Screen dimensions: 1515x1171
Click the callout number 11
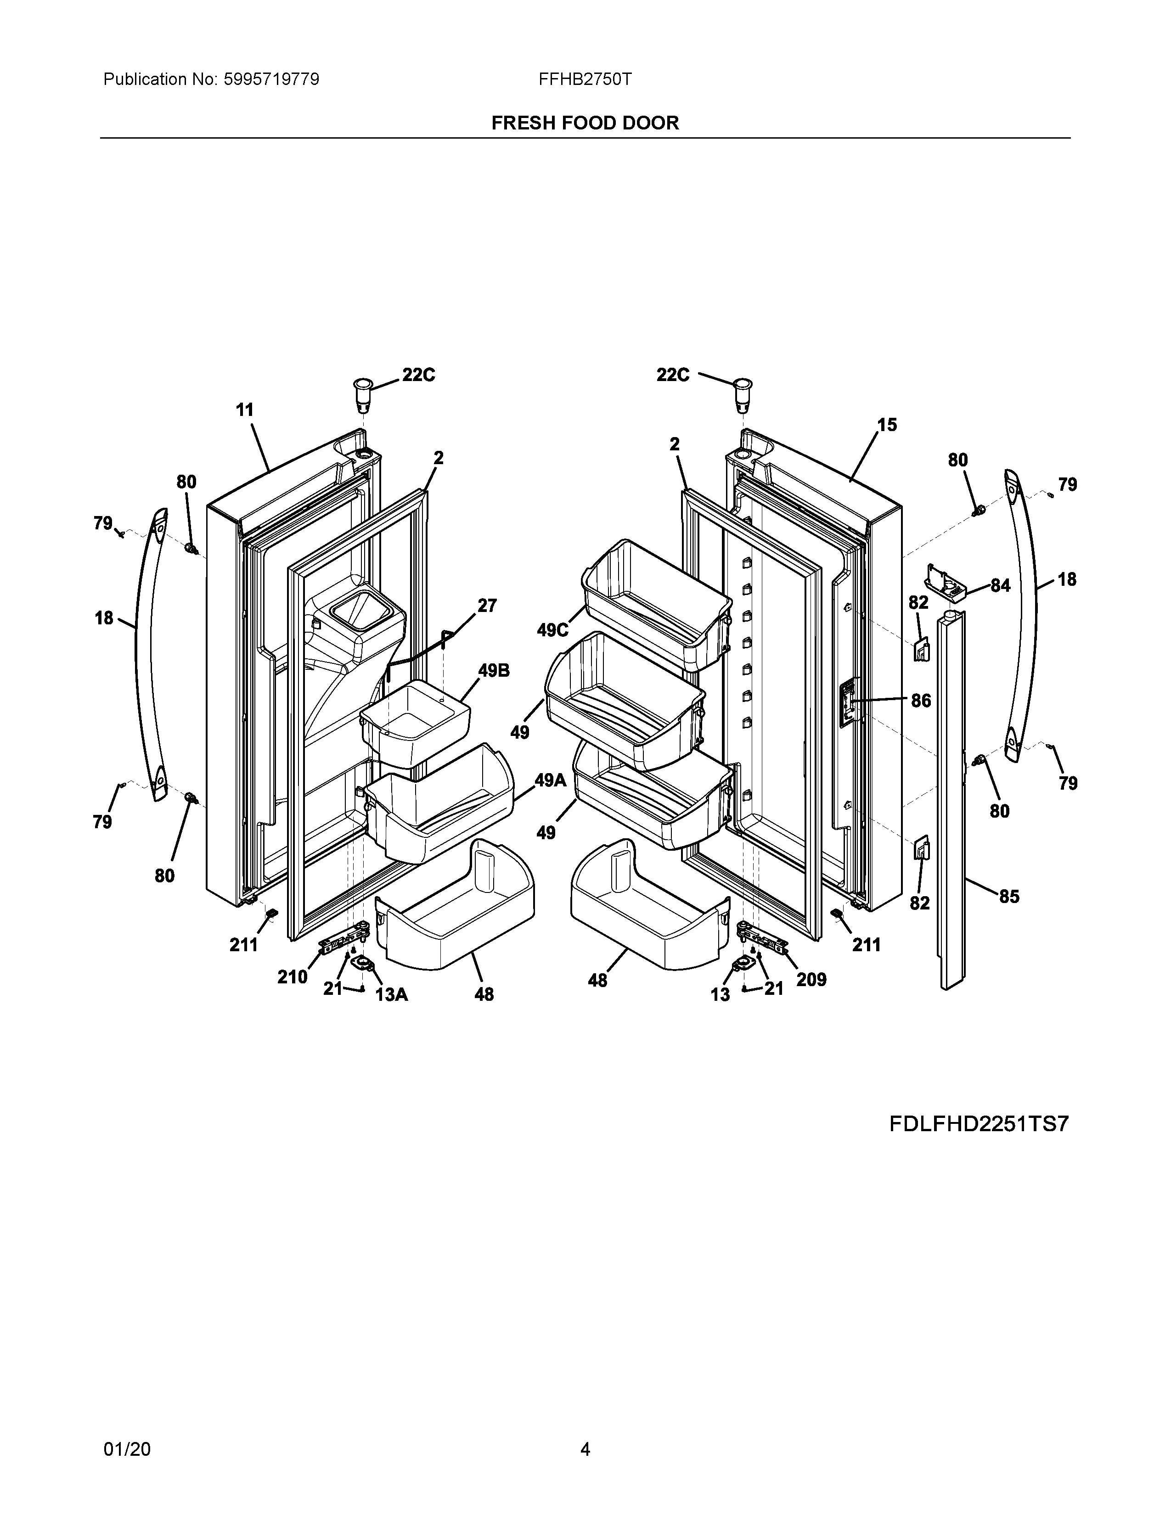245,410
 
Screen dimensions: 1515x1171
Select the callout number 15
887,425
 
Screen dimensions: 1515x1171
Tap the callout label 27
487,606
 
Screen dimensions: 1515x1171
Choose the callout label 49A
551,780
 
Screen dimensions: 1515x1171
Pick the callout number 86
921,701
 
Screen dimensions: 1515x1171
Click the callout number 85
1009,897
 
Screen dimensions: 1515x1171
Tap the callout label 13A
391,995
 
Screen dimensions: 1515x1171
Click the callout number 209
811,980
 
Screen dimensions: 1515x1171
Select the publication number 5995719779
271,79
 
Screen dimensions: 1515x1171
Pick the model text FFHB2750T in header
585,79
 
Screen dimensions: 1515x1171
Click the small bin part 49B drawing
415,718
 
